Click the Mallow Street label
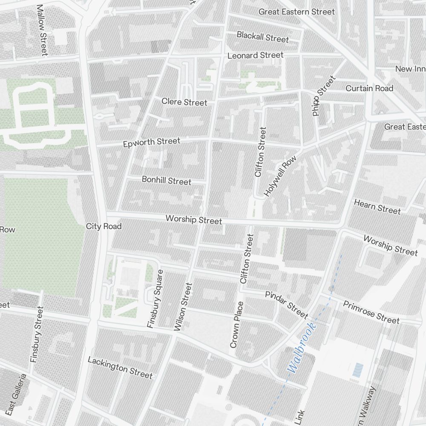pyautogui.click(x=41, y=30)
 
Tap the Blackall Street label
pyautogui.click(x=263, y=37)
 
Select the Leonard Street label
pyautogui.click(x=255, y=55)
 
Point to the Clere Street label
pyautogui.click(x=184, y=102)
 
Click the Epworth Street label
pyautogui.click(x=152, y=142)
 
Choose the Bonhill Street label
pyautogui.click(x=167, y=181)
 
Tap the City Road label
pyautogui.click(x=104, y=226)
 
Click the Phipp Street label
pyautogui.click(x=324, y=96)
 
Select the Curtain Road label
pyautogui.click(x=369, y=88)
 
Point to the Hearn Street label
pyautogui.click(x=377, y=207)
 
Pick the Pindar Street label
pyautogui.click(x=286, y=305)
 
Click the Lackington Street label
pyautogui.click(x=120, y=368)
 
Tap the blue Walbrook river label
pyautogui.click(x=302, y=348)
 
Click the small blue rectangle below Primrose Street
pyautogui.click(x=358, y=370)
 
